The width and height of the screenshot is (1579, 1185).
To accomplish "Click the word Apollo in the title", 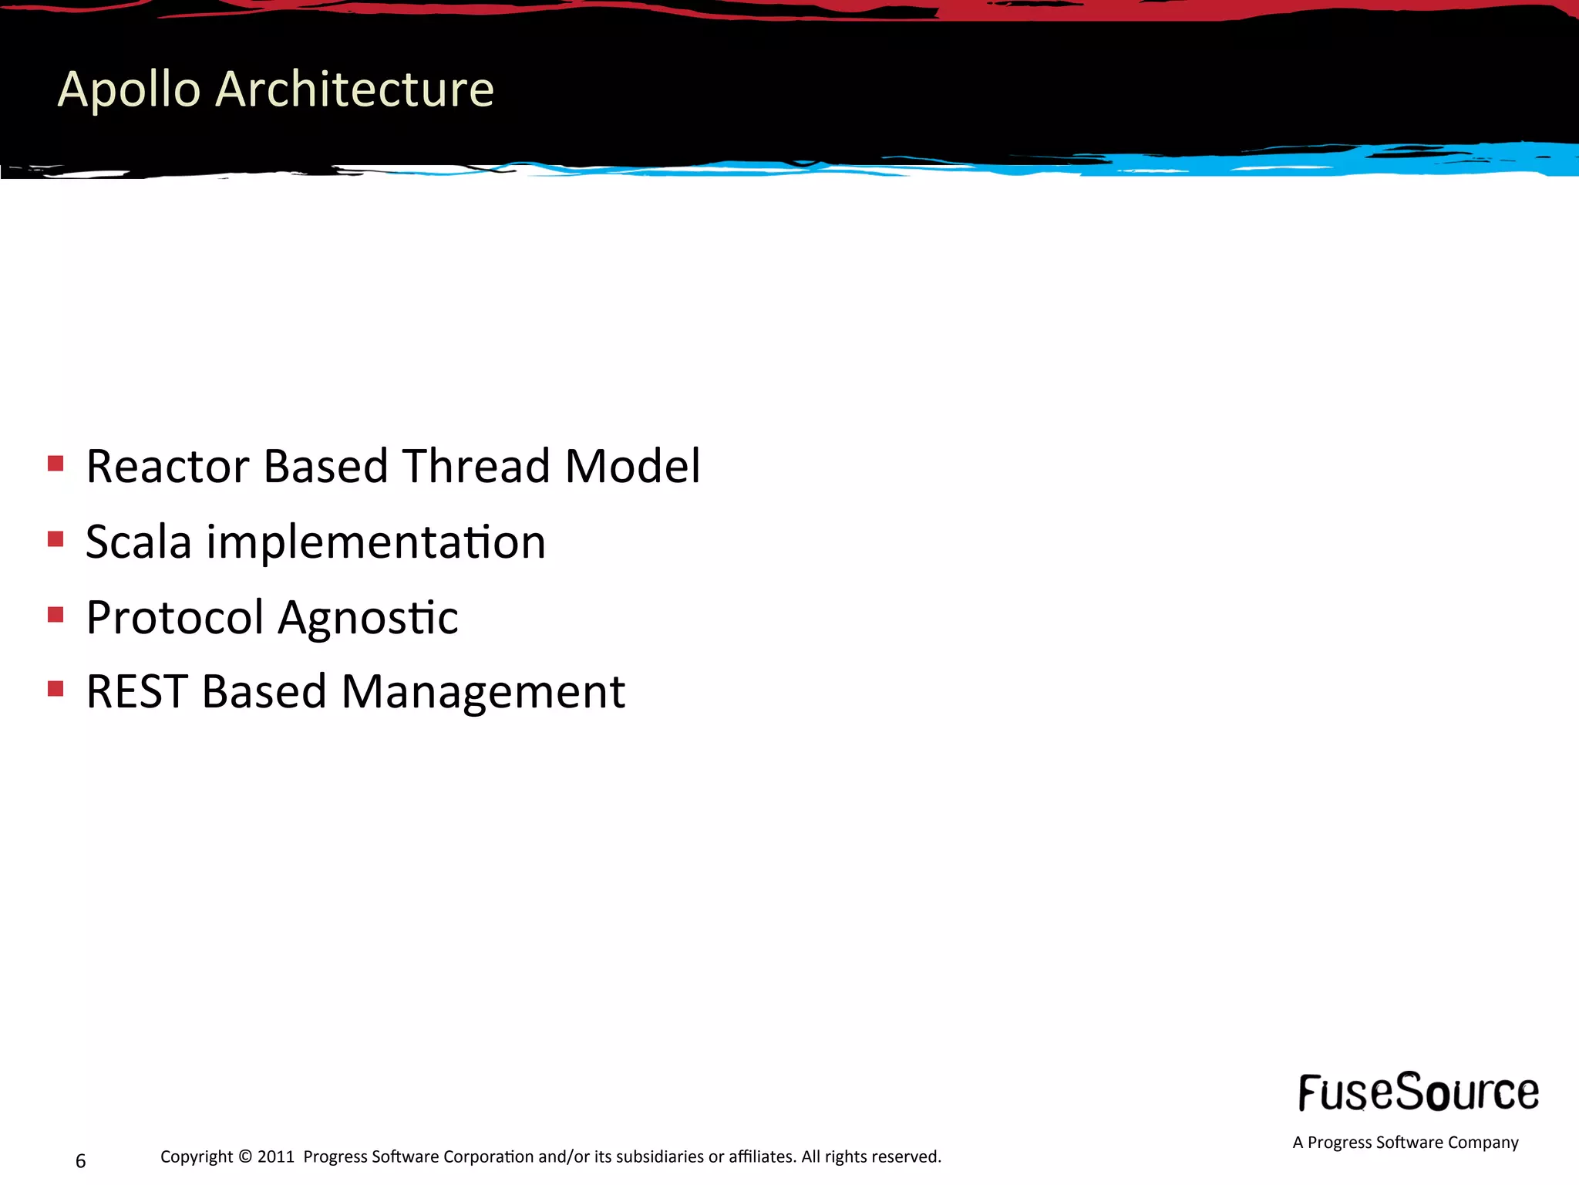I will tap(130, 89).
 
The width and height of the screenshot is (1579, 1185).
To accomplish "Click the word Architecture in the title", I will tap(354, 89).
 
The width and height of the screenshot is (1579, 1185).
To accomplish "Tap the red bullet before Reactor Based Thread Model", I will tap(56, 463).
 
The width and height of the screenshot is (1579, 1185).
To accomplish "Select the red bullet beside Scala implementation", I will tap(56, 538).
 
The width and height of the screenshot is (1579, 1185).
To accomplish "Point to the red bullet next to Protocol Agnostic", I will tap(56, 614).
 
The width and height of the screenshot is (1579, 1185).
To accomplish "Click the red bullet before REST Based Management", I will tap(56, 688).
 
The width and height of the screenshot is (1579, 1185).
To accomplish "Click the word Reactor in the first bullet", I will tap(167, 467).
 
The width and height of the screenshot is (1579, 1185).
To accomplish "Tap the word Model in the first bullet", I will tap(632, 467).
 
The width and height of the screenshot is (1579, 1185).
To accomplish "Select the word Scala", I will tap(138, 542).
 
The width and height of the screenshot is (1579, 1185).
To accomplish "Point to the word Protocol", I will tap(175, 617).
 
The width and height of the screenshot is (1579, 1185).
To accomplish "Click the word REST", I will tap(136, 691).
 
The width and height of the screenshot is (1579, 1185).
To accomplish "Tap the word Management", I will tap(483, 693).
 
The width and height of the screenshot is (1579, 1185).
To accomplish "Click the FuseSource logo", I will tap(1418, 1092).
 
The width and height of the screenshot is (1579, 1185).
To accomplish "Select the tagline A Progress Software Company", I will tap(1405, 1143).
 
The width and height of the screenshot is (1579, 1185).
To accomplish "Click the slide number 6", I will tap(80, 1161).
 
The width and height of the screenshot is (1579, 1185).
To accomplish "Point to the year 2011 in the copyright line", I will tap(275, 1156).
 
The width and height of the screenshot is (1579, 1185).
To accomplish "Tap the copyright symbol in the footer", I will tap(245, 1156).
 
